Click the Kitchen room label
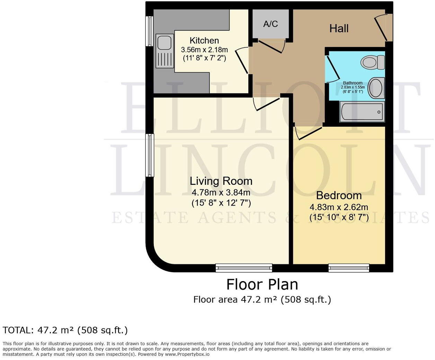[204, 40]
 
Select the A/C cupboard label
[270, 24]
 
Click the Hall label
[339, 28]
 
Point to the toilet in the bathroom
[373, 62]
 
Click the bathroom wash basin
[376, 88]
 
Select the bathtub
[362, 112]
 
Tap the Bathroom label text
[353, 83]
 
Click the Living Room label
[221, 181]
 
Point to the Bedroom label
[339, 196]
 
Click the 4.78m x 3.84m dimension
[221, 192]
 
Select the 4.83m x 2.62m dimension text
[339, 207]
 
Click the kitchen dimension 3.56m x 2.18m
[204, 50]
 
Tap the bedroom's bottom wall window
[349, 268]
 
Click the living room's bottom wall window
[244, 268]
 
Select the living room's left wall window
[150, 155]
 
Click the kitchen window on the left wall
[150, 31]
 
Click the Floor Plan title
[262, 285]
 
